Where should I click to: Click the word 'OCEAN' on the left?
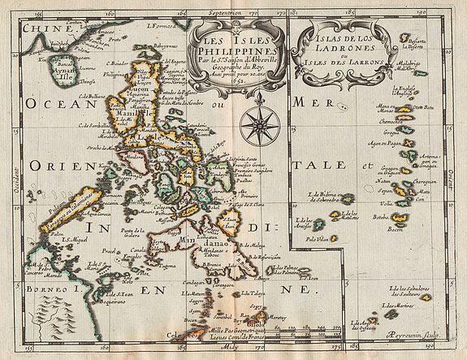click(50, 103)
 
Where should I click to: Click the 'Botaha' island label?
click(378, 217)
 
